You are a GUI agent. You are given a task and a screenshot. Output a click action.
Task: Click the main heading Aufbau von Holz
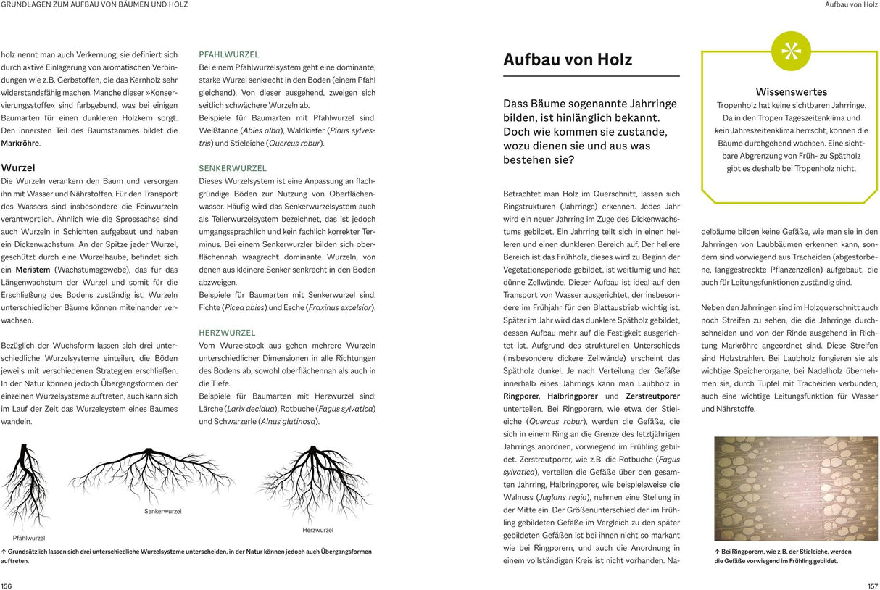coord(568,59)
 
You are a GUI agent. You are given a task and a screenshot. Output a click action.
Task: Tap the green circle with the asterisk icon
coord(791,51)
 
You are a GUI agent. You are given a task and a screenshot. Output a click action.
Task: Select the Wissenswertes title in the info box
coord(791,92)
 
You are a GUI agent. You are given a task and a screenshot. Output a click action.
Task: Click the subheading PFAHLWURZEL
coord(229,54)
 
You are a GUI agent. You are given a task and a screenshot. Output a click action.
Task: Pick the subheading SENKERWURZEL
coord(233,168)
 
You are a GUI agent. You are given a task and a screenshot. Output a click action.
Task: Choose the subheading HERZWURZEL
coord(228,332)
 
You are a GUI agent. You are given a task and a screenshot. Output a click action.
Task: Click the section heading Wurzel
coord(18,167)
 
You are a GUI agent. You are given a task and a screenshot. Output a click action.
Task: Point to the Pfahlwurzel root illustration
coord(28,486)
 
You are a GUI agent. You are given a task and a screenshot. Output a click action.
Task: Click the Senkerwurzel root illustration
coord(152,475)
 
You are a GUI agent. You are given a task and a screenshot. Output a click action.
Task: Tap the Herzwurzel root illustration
coord(313,482)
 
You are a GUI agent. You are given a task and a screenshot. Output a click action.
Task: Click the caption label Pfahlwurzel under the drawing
coord(29,538)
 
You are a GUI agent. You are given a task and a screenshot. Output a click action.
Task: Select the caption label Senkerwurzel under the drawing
coord(163,511)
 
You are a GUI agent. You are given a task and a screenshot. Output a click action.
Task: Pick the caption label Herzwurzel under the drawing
coord(317,531)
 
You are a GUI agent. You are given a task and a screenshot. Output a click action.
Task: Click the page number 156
coord(7,586)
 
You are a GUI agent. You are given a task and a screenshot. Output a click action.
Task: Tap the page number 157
coord(872,586)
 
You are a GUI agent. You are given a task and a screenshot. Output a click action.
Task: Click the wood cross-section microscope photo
coord(795,488)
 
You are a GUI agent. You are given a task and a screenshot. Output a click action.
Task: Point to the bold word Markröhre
coord(20,143)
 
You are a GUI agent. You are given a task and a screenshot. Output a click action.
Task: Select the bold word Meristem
coord(33,270)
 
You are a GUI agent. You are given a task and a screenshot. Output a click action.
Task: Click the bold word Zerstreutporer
coord(652,396)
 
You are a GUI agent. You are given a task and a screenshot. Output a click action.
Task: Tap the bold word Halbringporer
coord(573,396)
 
